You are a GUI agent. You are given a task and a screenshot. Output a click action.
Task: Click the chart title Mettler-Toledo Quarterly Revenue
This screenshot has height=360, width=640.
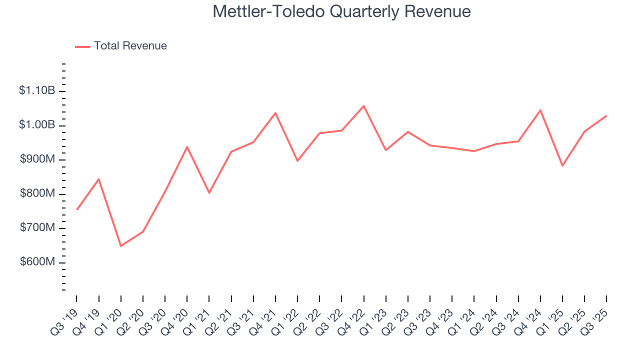pos(341,11)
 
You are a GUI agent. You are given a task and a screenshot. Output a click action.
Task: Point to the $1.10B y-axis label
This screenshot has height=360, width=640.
pos(37,91)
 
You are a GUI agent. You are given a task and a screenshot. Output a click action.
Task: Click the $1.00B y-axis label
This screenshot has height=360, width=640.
pos(37,125)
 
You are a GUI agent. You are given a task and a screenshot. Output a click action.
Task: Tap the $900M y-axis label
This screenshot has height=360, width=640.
pos(37,159)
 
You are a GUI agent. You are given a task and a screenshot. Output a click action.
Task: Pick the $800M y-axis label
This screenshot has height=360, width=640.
pos(37,194)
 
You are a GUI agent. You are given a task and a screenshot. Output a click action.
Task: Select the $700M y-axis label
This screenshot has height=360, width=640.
pos(37,228)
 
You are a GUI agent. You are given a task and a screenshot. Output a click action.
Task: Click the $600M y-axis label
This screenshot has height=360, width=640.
pos(37,262)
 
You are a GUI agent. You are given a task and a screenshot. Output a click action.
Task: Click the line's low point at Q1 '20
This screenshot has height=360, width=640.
pos(121,246)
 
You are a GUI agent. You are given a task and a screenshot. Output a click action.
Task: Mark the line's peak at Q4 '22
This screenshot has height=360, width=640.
pos(363,105)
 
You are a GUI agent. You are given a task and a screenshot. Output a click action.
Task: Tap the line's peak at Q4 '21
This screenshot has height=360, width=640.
pos(275,112)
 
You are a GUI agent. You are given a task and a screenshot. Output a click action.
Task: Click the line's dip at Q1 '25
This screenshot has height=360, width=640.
pos(562,165)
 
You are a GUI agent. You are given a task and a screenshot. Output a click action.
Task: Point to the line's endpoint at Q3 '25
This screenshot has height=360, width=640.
pos(606,115)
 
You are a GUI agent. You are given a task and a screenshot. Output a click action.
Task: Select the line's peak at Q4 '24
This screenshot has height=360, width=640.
pos(540,110)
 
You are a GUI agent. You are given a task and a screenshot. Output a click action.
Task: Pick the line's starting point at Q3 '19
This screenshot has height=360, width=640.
pos(76,209)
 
